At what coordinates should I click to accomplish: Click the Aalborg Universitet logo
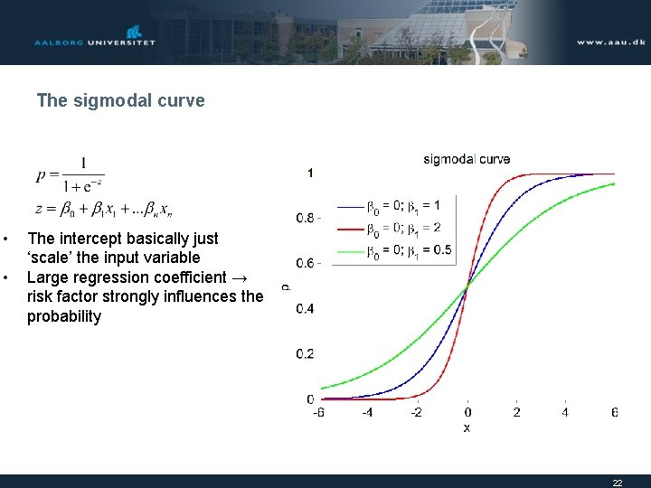click(95, 37)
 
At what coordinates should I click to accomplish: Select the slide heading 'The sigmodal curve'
click(120, 100)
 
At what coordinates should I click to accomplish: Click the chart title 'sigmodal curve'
click(467, 159)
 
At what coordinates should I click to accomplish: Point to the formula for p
click(71, 175)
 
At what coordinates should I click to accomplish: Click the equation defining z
click(103, 209)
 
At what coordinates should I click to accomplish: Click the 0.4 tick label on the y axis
click(307, 308)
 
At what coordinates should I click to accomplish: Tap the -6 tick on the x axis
click(318, 413)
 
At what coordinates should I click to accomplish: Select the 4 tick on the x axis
click(565, 413)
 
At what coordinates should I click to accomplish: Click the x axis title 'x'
click(467, 427)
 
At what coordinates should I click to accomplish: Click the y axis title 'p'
click(286, 286)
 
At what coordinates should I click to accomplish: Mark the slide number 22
click(618, 483)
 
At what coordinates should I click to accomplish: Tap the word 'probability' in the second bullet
click(64, 316)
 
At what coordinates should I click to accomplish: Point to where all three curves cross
click(467, 286)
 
